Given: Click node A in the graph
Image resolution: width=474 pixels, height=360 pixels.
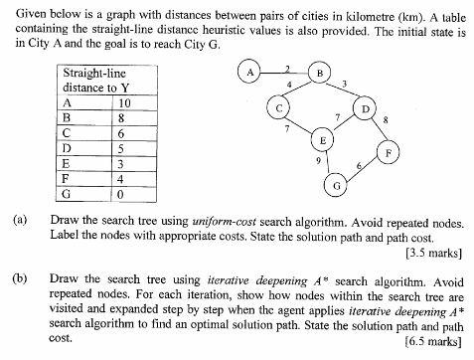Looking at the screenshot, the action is [x=251, y=72].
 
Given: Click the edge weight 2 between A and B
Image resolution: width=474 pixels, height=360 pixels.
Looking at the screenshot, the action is [x=286, y=66].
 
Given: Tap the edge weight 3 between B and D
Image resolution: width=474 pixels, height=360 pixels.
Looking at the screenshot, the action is [x=344, y=83].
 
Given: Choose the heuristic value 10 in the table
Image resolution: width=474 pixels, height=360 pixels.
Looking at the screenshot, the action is [x=124, y=101].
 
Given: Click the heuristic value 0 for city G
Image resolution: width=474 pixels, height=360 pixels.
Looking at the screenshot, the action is [x=121, y=193].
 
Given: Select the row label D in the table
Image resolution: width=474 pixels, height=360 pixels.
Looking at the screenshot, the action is [x=67, y=147].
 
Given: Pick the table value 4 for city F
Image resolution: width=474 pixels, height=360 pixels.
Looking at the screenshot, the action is [x=121, y=178].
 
